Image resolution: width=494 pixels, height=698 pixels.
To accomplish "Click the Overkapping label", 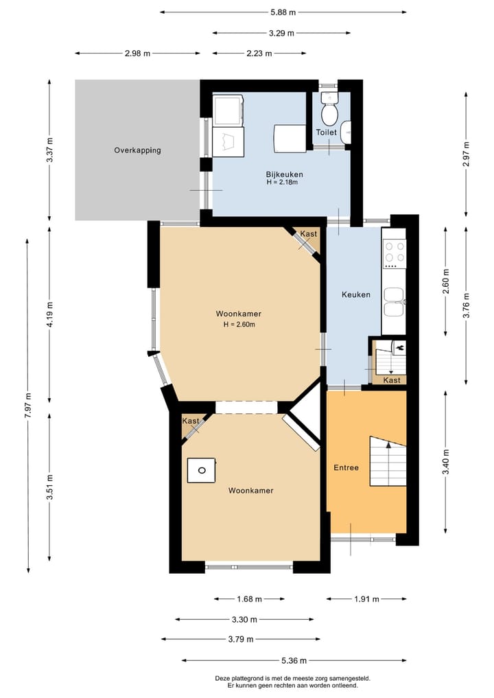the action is point(137,150).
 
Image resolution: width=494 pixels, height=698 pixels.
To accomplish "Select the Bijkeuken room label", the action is point(284,174).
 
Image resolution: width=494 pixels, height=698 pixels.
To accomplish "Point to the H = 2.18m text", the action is point(282,182).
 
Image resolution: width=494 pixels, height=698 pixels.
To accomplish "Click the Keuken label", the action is point(356,294).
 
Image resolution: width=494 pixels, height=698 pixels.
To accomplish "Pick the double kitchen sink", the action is point(394,302).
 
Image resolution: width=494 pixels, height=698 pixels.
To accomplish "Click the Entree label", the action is point(346,467).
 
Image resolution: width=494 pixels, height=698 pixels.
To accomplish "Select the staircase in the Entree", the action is point(388,462).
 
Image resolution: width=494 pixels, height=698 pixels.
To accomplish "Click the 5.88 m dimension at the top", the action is point(283,12).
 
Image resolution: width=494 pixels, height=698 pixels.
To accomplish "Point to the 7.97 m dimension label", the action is point(28,405).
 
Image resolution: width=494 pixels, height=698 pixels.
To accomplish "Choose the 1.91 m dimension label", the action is point(366,599).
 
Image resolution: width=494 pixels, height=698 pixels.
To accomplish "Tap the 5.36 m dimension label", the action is point(294,661).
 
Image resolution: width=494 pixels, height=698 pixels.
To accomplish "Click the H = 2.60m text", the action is point(239,325).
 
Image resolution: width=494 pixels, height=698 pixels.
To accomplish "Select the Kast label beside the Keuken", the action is point(392,380).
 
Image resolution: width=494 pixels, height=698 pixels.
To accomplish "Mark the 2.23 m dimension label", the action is point(259,54).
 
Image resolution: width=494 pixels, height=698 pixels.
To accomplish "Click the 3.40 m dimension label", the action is point(446,462).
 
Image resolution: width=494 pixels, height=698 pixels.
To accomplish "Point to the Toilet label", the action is point(326,132).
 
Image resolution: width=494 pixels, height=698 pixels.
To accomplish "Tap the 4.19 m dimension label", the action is point(49,314).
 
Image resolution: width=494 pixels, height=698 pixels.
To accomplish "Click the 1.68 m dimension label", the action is point(249,599).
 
